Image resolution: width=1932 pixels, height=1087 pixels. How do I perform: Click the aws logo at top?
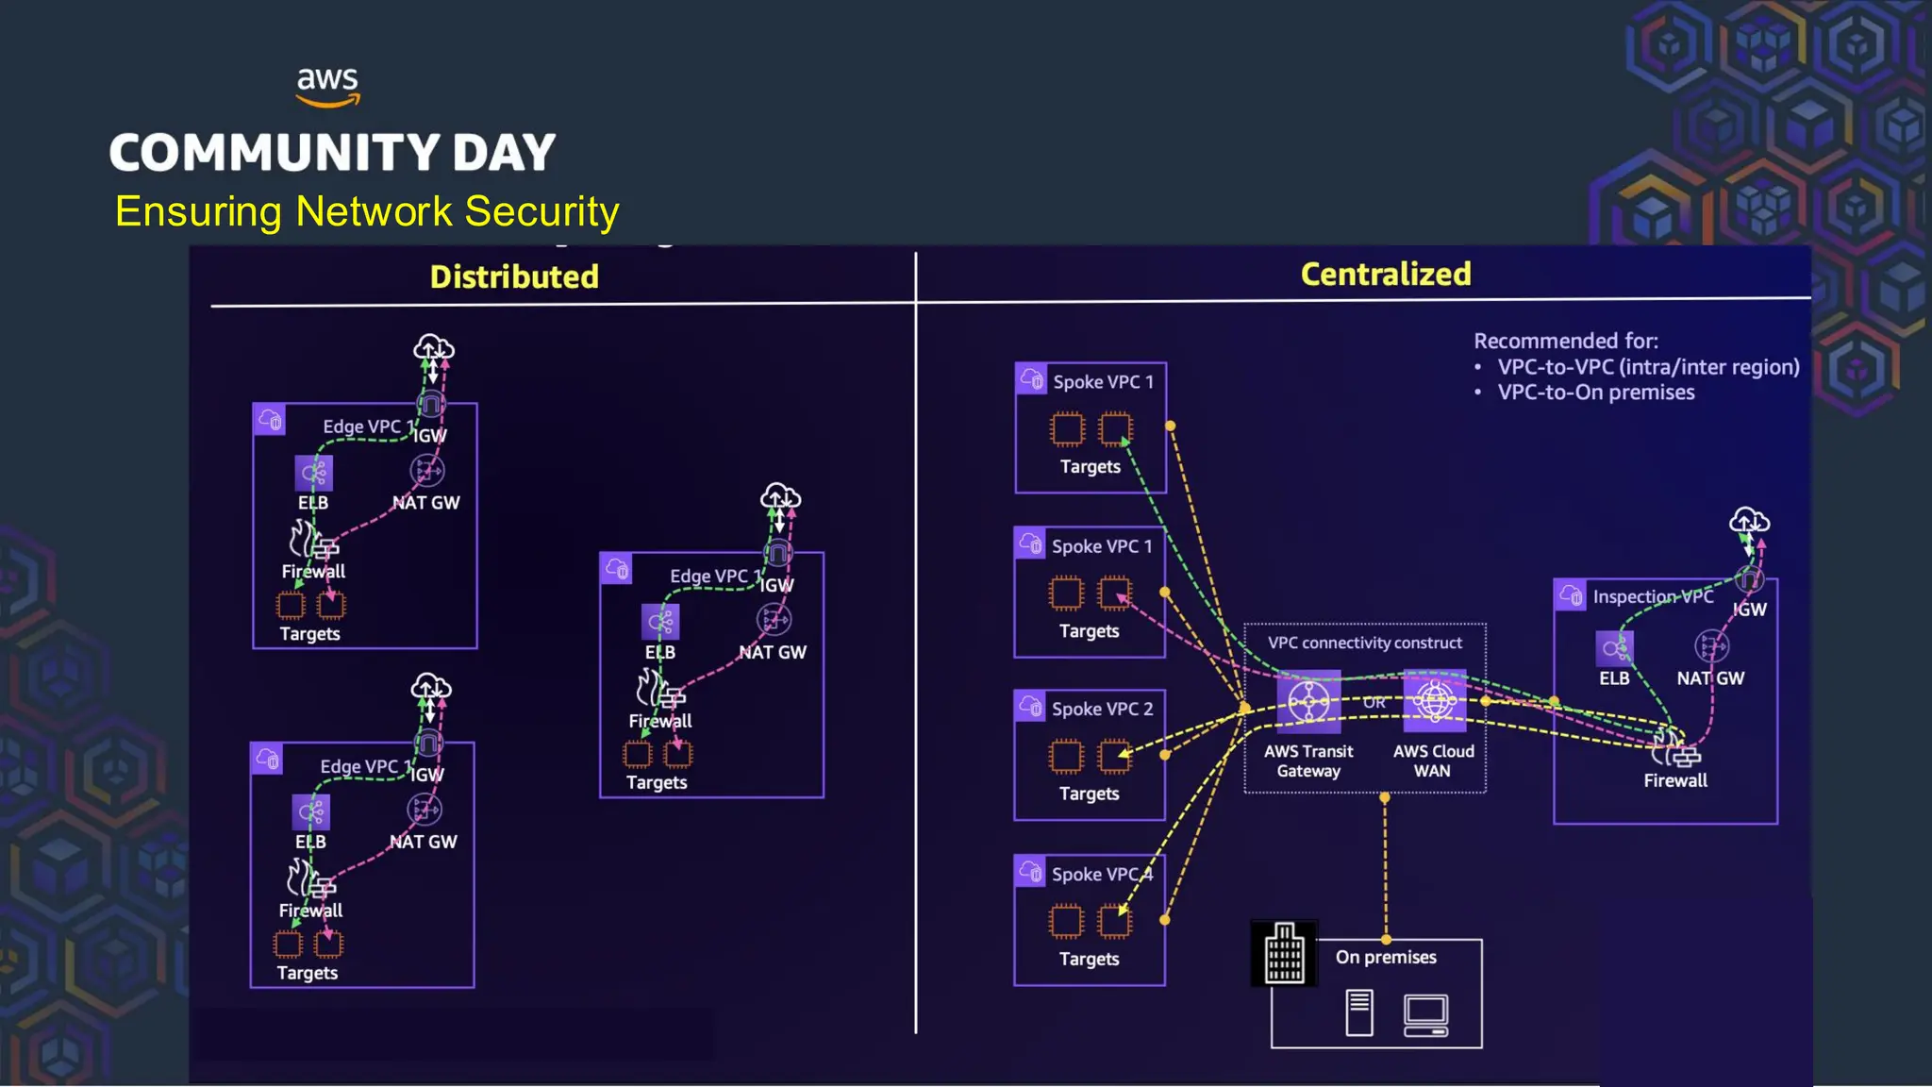coord(327,86)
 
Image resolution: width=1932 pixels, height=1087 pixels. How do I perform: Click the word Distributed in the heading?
coord(514,276)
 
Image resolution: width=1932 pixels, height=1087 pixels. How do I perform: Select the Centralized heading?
coord(1385,274)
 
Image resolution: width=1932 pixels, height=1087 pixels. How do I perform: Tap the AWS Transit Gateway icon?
coord(1308,702)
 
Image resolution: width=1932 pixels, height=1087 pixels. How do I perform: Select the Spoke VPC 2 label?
coord(1102,709)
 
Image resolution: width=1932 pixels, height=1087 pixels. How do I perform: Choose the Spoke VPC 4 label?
coord(1102,874)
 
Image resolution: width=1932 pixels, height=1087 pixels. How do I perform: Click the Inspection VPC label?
coord(1653,596)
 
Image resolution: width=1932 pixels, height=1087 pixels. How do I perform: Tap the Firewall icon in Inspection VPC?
coord(1675,750)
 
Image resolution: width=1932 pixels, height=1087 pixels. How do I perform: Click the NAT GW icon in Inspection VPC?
coord(1711,647)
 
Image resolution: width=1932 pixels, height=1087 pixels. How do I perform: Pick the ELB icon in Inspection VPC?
coord(1614,648)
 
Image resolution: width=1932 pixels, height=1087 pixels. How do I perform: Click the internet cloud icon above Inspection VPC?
coord(1749,521)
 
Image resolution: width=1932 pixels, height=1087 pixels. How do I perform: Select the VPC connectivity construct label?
coord(1364,643)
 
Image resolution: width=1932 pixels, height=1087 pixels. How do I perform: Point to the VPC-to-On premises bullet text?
coord(1595,393)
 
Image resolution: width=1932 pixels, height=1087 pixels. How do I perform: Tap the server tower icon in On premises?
coord(1359,1012)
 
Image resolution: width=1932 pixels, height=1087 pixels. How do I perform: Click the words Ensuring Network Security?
coord(367,211)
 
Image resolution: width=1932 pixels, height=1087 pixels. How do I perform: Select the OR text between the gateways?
coord(1374,703)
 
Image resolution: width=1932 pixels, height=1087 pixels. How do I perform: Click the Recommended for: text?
coord(1565,341)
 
